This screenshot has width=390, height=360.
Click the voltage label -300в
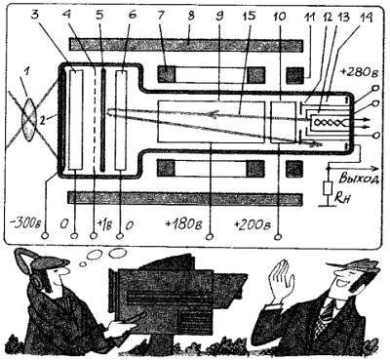[x=23, y=220]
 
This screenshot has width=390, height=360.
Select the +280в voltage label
[x=361, y=72]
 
